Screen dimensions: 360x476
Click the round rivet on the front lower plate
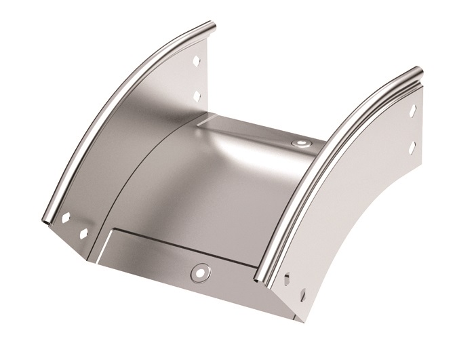(199, 271)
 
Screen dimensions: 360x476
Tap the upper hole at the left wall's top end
(196, 59)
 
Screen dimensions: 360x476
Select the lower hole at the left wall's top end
(197, 93)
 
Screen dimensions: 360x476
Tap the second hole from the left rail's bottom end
(85, 233)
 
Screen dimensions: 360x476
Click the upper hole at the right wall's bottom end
(290, 278)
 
